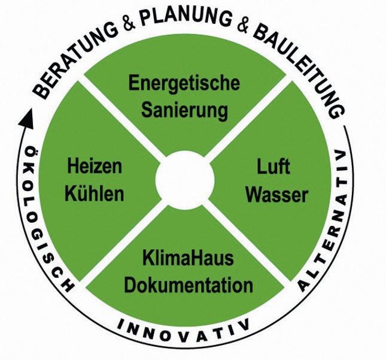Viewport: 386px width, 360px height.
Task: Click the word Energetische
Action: [x=184, y=83]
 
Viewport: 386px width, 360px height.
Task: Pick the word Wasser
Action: [x=277, y=195]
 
